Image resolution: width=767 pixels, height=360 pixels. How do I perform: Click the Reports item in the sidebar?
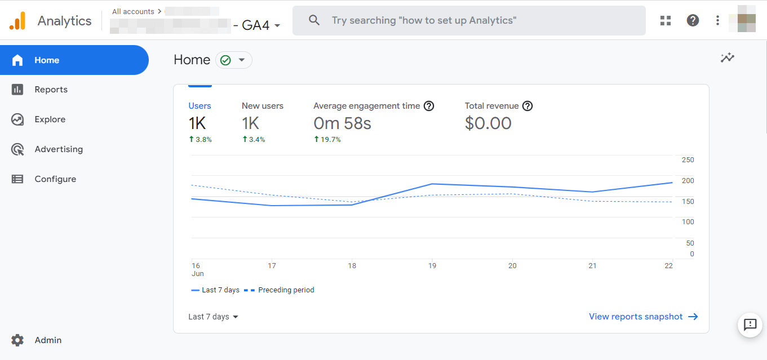pos(51,90)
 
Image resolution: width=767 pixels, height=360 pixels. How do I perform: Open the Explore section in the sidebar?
pos(50,119)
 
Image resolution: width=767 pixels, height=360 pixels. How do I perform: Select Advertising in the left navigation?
pos(58,149)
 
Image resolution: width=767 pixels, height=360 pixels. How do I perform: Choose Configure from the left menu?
pos(55,179)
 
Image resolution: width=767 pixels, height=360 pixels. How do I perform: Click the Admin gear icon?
pos(17,340)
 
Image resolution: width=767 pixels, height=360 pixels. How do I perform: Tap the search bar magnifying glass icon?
pos(314,20)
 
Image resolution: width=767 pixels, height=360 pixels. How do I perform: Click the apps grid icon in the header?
pos(666,20)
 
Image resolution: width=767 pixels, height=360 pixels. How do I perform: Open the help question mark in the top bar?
pos(693,20)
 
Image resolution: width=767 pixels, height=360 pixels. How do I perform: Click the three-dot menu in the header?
pos(717,20)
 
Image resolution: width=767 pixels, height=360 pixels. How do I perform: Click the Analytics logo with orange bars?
pos(17,21)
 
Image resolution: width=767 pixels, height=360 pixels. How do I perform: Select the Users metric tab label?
pos(199,106)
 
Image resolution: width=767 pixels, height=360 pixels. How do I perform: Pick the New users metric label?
pos(263,106)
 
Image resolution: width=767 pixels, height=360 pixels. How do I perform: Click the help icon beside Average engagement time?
pos(429,106)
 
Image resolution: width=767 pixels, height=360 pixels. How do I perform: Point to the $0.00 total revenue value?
pos(488,123)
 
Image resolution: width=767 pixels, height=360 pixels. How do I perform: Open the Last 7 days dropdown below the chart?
pos(213,317)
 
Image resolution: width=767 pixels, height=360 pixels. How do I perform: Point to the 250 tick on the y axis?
pos(688,160)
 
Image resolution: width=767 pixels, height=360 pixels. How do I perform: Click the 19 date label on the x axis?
pos(432,266)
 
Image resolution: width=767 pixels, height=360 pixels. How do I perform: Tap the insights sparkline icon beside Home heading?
pos(728,57)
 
